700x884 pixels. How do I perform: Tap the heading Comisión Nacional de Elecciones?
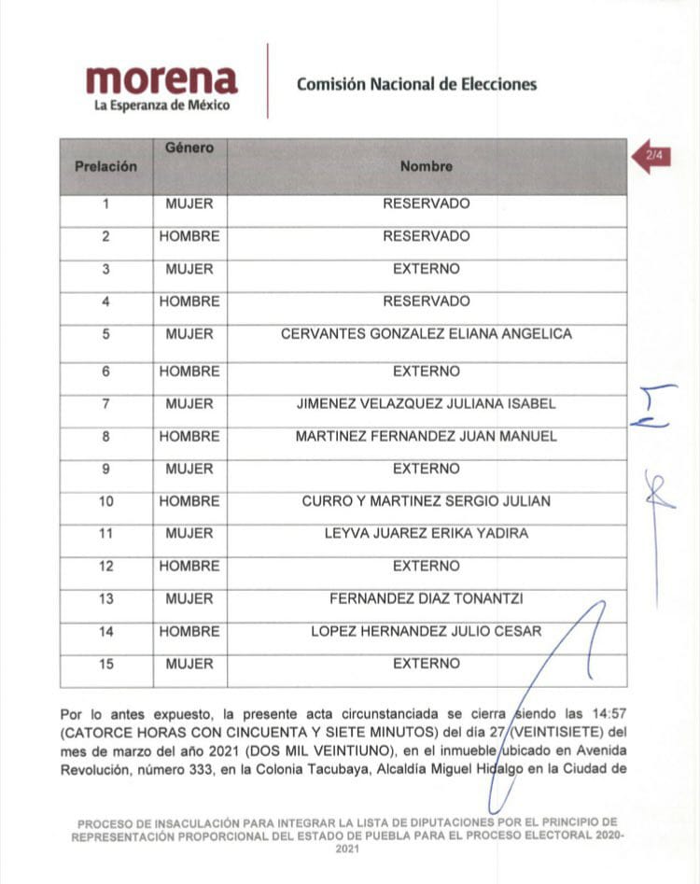point(416,84)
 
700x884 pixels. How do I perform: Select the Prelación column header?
point(105,166)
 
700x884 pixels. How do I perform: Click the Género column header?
point(189,147)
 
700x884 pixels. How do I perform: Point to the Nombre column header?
point(426,166)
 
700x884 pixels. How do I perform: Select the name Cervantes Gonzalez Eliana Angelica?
point(426,334)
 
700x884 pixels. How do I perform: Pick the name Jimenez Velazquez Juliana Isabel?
point(426,404)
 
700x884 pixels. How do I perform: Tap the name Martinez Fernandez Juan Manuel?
point(426,436)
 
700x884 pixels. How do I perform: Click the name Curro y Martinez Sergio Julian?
point(426,501)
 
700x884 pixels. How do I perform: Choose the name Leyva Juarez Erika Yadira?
point(426,534)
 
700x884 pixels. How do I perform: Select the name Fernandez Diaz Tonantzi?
point(426,598)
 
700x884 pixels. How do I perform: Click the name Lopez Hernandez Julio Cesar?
point(426,631)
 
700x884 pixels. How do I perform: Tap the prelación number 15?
point(105,664)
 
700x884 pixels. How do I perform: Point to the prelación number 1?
point(105,203)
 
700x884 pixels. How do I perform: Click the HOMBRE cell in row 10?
point(189,501)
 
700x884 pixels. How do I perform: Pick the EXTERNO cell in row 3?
point(426,269)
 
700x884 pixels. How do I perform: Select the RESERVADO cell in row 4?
point(426,302)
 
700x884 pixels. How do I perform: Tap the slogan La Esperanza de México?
point(161,106)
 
